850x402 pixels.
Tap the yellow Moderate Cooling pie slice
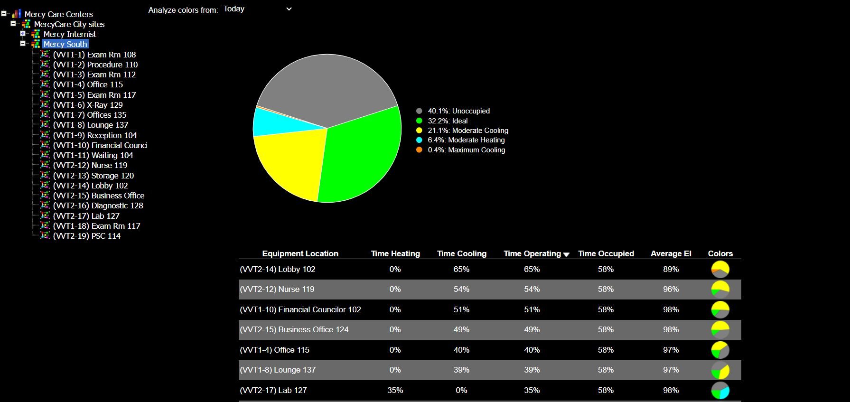tap(290, 161)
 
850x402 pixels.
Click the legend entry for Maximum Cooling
tap(466, 150)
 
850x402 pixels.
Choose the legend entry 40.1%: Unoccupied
tap(458, 111)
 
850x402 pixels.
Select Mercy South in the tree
tap(65, 44)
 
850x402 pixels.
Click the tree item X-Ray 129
tap(88, 105)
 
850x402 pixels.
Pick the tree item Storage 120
tap(93, 176)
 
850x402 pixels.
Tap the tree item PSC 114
tap(86, 236)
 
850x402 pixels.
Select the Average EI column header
tap(671, 253)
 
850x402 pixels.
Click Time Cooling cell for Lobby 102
tap(461, 269)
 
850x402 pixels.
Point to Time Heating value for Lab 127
tap(395, 390)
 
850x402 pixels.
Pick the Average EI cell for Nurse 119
tap(671, 289)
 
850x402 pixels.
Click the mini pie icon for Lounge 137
tap(720, 370)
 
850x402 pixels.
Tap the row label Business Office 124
tap(294, 329)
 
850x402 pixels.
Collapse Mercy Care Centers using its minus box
tap(4, 14)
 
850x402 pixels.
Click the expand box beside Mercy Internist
tap(23, 34)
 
